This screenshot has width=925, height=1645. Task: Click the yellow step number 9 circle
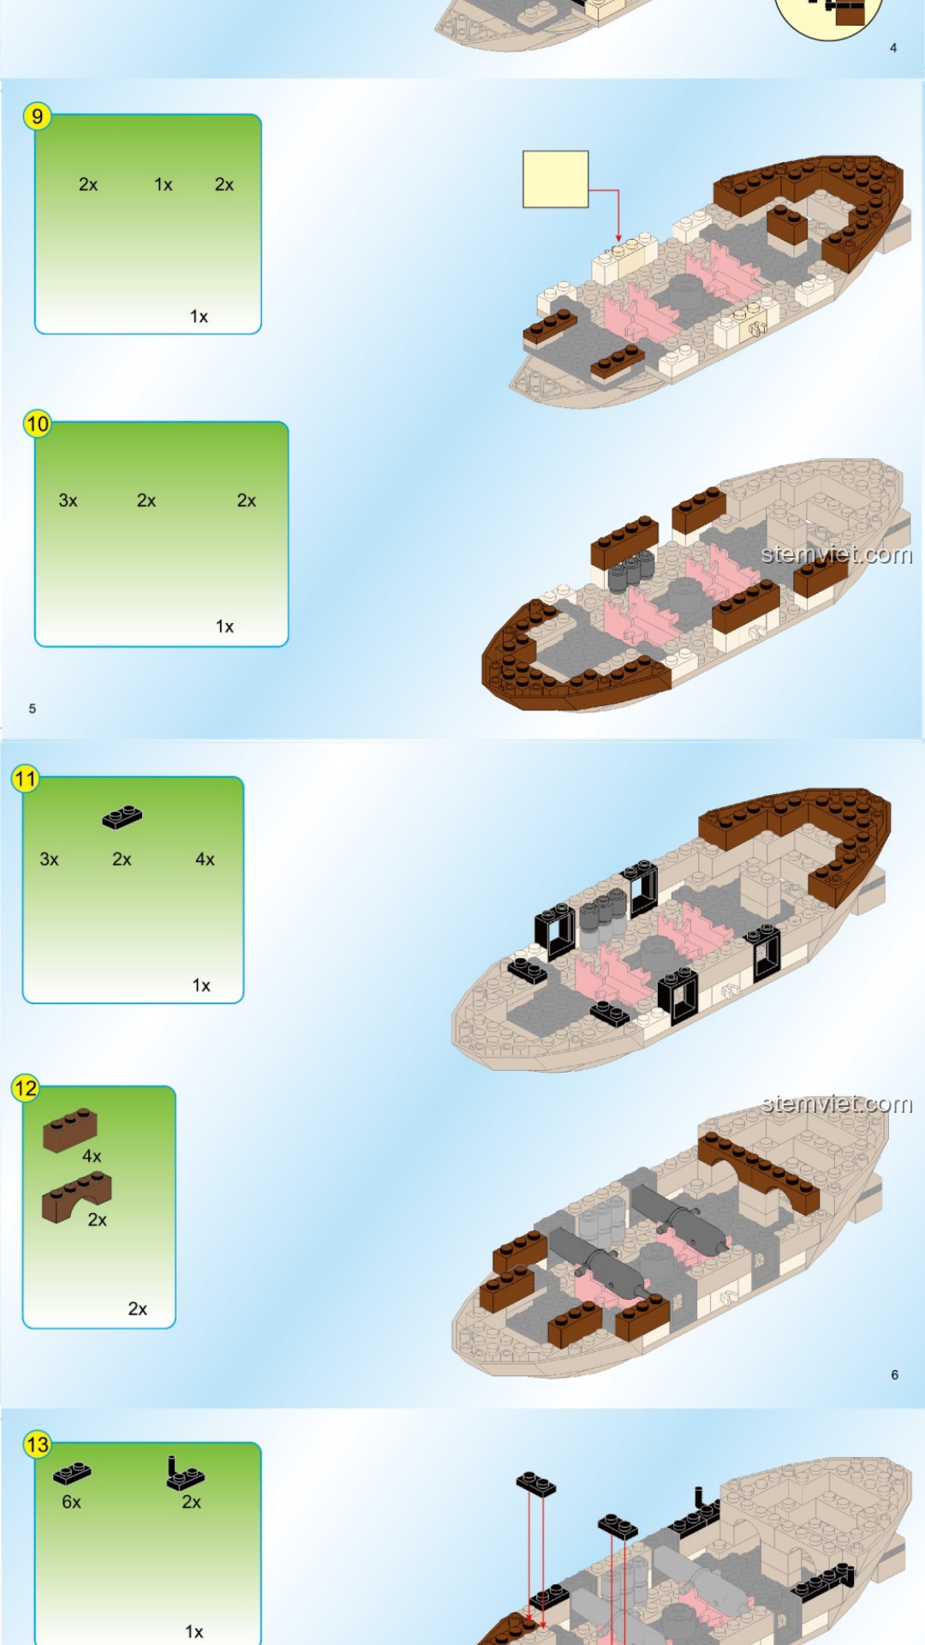38,117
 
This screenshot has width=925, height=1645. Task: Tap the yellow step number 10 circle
38,423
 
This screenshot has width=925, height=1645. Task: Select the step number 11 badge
26,779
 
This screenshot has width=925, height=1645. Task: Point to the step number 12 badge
26,1088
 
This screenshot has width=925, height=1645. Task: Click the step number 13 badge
38,1445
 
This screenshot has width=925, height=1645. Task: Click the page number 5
33,709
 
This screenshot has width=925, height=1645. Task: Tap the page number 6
894,1374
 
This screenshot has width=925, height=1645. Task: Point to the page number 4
893,48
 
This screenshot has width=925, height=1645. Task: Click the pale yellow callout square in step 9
556,179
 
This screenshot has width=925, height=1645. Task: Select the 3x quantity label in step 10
69,500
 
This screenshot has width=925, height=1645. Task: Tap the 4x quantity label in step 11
205,859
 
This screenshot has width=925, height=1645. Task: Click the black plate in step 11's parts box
122,817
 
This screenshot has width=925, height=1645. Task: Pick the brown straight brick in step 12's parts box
70,1129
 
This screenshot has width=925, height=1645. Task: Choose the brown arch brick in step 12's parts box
76,1197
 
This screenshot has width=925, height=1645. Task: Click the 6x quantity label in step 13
72,1502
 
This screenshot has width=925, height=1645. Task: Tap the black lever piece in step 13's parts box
185,1474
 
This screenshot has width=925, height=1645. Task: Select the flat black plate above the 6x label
72,1474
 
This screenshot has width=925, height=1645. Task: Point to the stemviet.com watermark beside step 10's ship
837,554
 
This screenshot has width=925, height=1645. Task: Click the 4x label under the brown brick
92,1156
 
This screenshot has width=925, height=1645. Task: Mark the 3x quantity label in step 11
50,859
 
